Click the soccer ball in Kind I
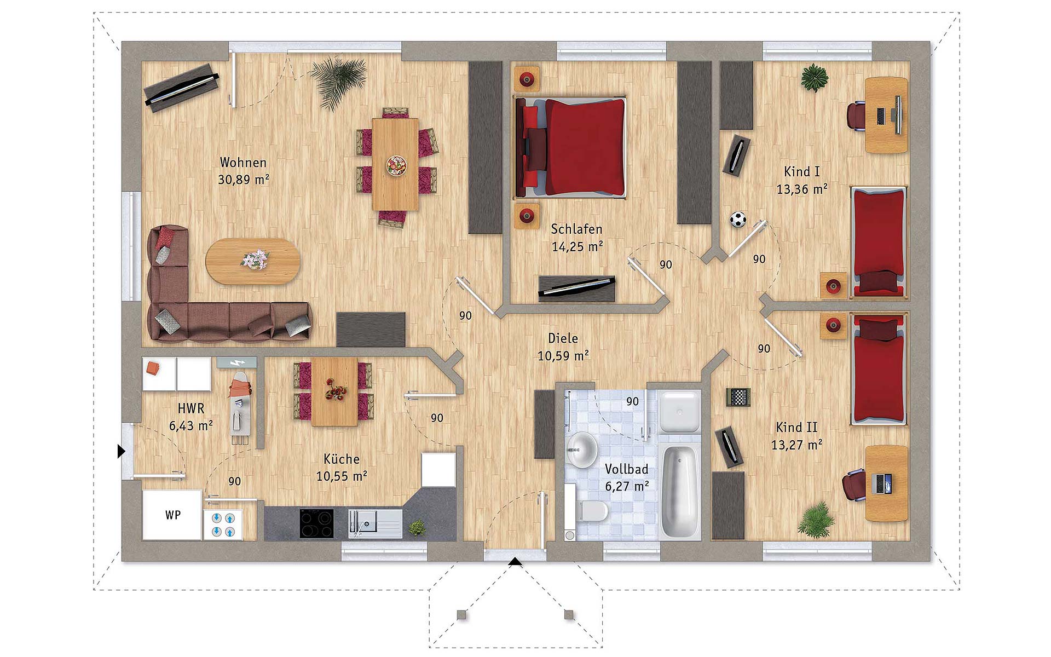(738, 220)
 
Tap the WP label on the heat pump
(173, 515)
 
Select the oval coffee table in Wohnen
(253, 261)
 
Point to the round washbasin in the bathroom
(582, 449)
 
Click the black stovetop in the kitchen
(316, 523)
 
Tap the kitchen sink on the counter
(375, 523)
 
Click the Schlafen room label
(576, 229)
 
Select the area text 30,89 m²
(244, 180)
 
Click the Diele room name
(563, 338)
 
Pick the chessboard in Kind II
(738, 397)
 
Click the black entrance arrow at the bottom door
(515, 561)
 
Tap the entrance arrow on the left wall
(122, 451)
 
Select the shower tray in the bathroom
(679, 411)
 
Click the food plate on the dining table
(396, 165)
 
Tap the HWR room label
(191, 408)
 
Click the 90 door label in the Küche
(437, 418)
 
